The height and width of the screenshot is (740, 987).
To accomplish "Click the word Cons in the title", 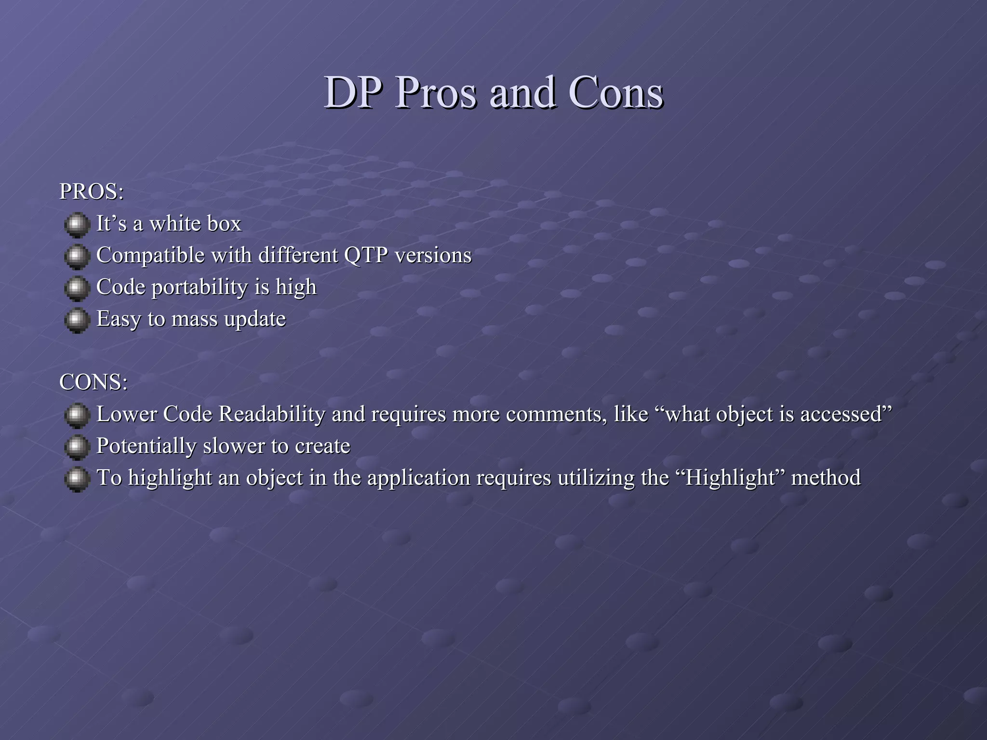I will tap(615, 92).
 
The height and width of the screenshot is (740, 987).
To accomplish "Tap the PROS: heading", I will tap(92, 192).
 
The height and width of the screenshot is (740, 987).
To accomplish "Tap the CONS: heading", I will tap(93, 383).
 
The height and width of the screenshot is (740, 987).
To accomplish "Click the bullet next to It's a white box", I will tap(77, 225).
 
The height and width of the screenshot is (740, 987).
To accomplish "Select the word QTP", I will tap(366, 255).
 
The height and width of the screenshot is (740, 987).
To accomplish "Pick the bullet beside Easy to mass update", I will tap(77, 320).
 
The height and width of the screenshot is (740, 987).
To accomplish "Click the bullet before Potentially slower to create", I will tap(77, 447).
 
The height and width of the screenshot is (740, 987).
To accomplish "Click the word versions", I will tap(433, 255).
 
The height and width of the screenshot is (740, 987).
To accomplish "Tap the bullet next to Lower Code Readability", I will tap(77, 415).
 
